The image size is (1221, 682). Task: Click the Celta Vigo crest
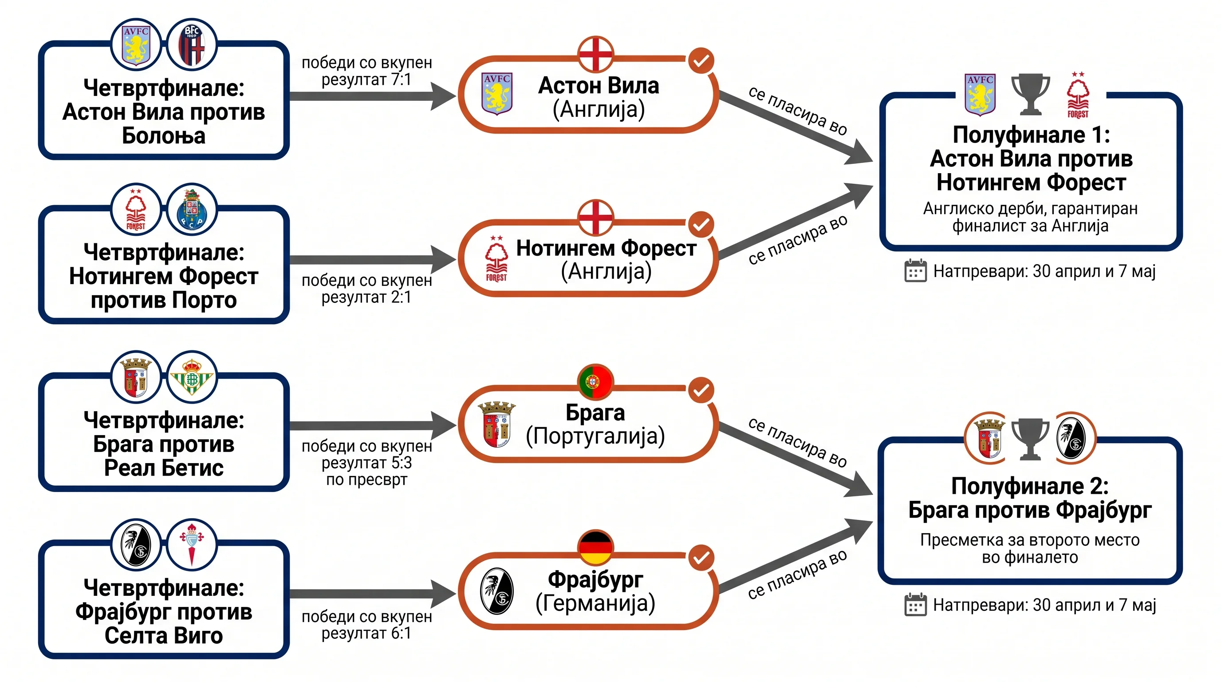tap(192, 544)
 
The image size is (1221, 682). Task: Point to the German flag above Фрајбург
tap(596, 547)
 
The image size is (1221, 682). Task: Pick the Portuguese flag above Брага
tap(596, 382)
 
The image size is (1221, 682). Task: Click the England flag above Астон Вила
tap(596, 54)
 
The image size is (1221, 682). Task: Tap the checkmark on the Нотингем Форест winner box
tap(701, 224)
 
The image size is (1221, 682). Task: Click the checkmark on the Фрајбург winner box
tap(701, 558)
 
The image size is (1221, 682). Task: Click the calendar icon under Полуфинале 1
tap(915, 271)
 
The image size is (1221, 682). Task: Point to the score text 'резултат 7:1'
tap(366, 79)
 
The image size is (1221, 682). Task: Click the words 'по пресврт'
tap(366, 480)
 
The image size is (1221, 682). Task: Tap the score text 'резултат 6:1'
tap(366, 633)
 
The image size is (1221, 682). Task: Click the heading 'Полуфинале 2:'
tap(1030, 486)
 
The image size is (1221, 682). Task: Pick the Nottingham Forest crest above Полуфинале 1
tap(1078, 95)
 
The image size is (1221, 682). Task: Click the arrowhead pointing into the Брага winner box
tap(443, 425)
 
